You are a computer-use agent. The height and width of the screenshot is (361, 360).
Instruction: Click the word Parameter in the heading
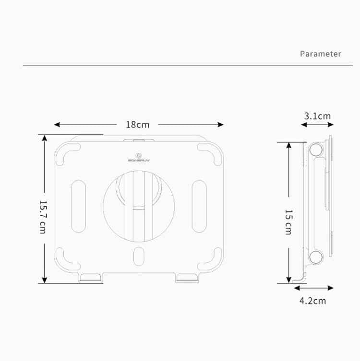click(320, 54)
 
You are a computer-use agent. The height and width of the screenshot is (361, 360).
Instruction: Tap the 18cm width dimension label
click(137, 125)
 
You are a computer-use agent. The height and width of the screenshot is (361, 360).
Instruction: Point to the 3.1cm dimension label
click(317, 116)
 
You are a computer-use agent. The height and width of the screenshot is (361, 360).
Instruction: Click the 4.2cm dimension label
click(312, 301)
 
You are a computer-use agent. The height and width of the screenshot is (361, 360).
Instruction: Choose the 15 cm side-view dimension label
click(288, 221)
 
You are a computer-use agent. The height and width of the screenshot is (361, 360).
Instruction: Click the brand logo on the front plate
click(138, 158)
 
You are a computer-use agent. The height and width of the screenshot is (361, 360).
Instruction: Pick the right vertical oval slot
click(198, 206)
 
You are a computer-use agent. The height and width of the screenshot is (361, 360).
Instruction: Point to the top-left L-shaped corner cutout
click(67, 152)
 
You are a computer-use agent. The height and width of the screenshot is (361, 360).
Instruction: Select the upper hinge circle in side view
click(315, 150)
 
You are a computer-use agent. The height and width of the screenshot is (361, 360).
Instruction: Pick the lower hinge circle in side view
click(316, 256)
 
